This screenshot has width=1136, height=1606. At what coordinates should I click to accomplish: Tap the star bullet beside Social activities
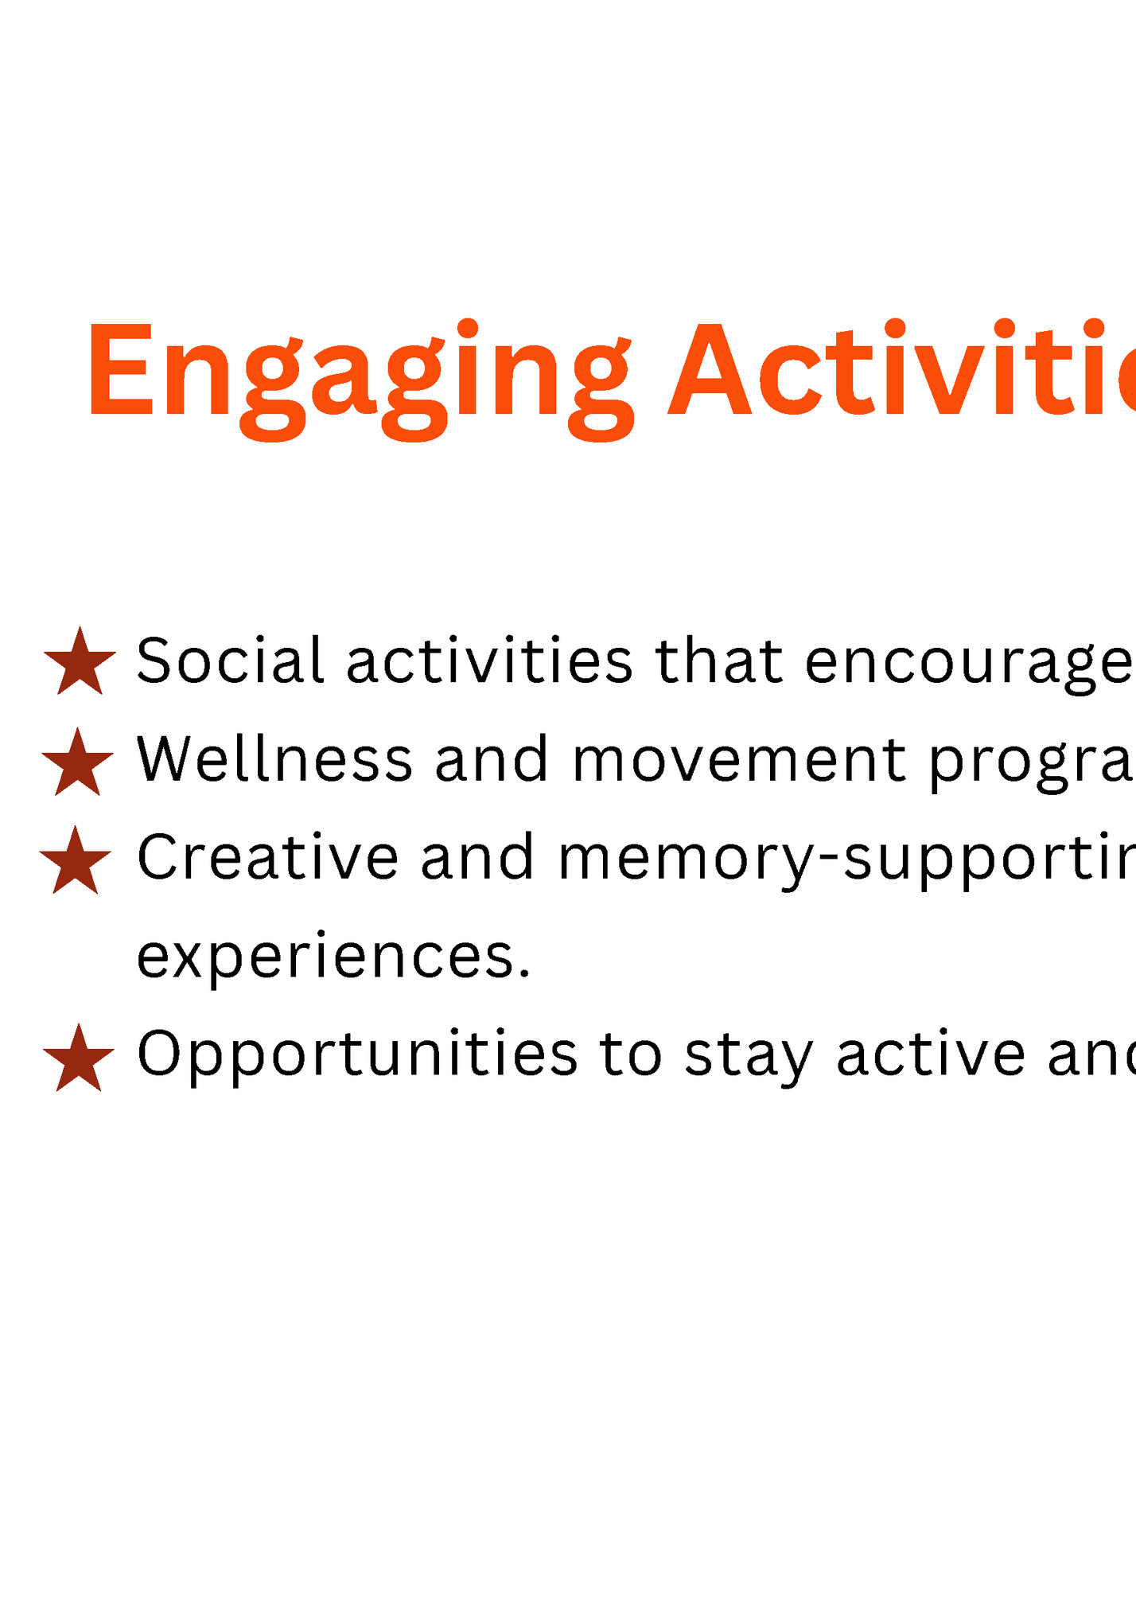(x=80, y=663)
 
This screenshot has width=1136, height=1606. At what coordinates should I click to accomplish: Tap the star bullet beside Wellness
(x=77, y=763)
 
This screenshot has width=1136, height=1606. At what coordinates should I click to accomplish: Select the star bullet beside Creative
(x=76, y=862)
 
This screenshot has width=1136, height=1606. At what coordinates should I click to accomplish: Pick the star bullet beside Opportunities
(x=79, y=1059)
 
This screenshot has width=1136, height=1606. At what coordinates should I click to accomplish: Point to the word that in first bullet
(x=719, y=661)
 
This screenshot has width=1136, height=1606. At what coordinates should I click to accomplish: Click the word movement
(x=739, y=761)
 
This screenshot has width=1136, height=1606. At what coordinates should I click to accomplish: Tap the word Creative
(x=267, y=858)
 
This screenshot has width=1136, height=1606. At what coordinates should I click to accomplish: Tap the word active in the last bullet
(x=931, y=1054)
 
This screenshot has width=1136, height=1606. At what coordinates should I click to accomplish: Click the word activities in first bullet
(x=489, y=661)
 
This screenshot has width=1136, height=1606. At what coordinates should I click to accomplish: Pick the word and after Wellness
(x=492, y=759)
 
